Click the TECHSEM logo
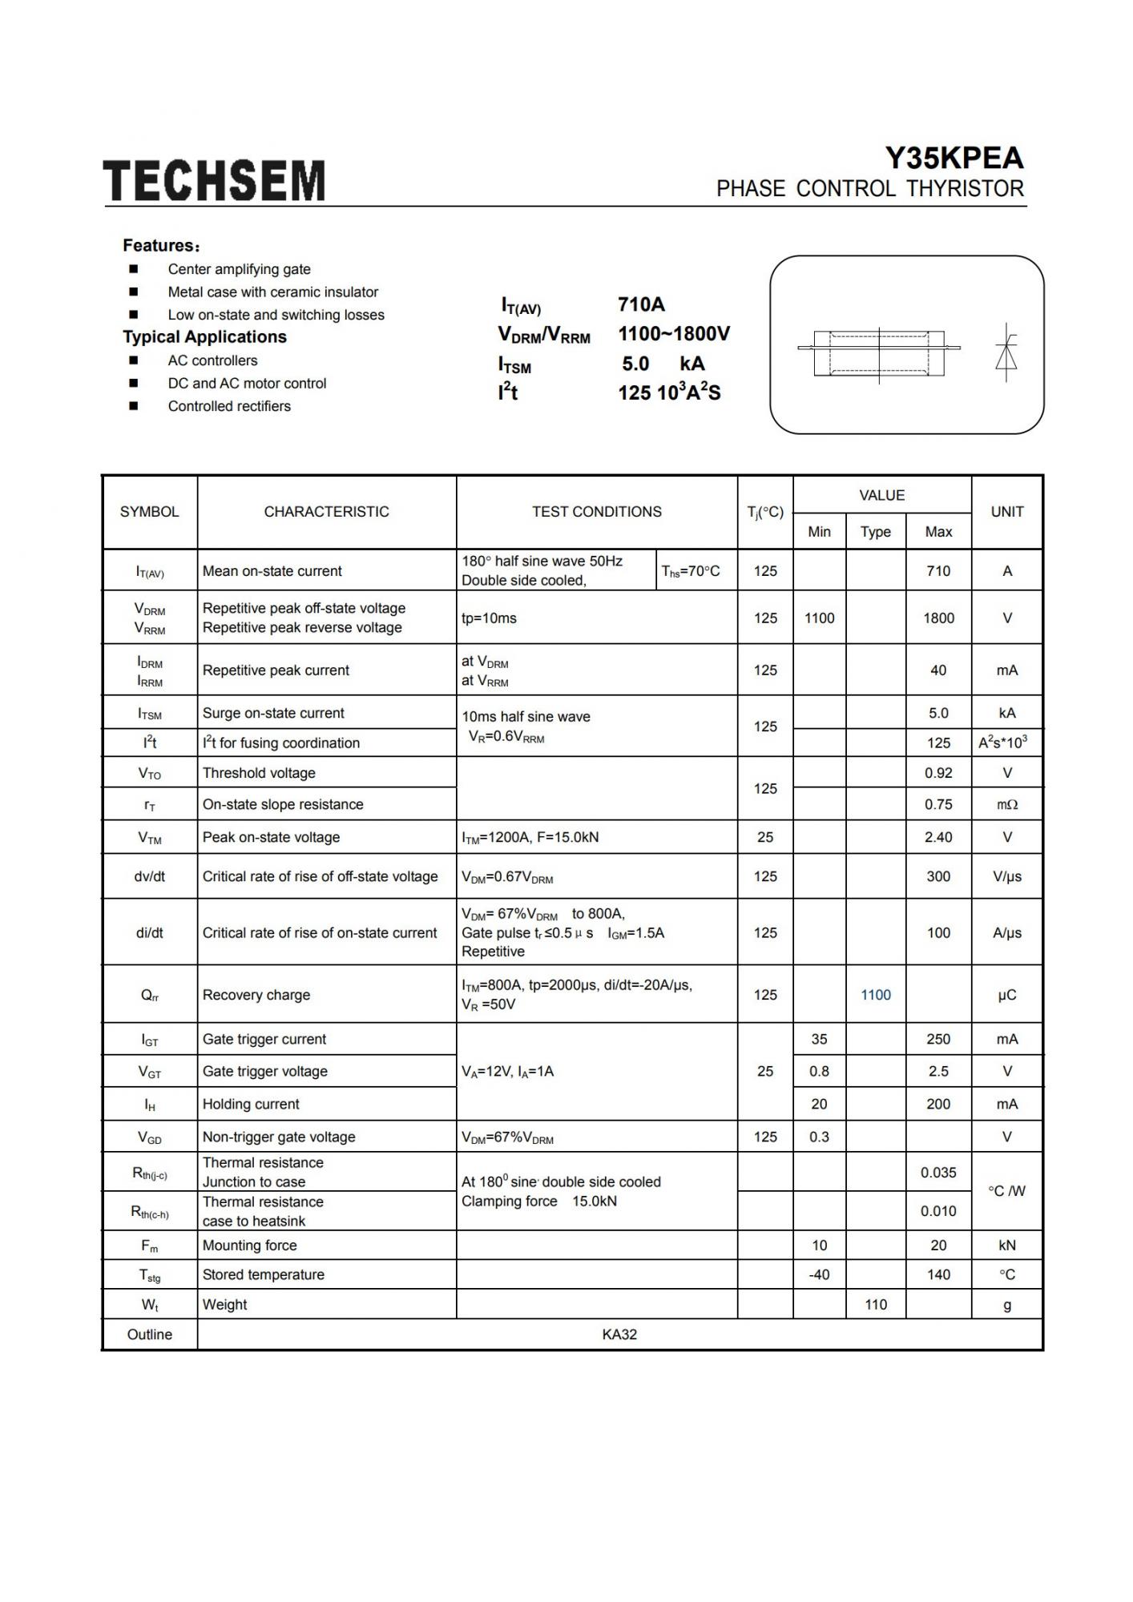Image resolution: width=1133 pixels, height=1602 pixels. (214, 180)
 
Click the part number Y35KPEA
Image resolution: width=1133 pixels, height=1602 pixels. (954, 158)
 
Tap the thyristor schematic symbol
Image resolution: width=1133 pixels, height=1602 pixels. (1006, 352)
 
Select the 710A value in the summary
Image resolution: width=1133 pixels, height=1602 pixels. (641, 304)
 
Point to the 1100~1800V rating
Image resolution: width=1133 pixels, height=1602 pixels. (674, 334)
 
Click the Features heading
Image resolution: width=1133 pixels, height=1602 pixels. (161, 245)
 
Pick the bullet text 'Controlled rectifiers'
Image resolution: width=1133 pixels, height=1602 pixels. (229, 406)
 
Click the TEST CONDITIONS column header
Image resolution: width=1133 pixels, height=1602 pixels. (596, 512)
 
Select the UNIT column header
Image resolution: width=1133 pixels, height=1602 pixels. (1006, 512)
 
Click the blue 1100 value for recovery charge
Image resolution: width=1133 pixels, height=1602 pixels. (875, 995)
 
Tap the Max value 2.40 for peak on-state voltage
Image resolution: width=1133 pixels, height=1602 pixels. (938, 837)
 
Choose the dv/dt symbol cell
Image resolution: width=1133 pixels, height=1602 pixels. (150, 876)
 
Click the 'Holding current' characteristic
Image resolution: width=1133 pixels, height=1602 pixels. (251, 1104)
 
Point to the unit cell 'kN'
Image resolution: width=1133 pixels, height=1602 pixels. (1006, 1246)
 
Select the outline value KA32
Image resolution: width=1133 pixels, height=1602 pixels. (619, 1334)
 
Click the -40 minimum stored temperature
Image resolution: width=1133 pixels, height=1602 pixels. (819, 1274)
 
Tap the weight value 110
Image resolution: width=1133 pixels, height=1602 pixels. (875, 1305)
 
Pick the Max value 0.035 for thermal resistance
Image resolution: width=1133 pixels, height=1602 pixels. (938, 1173)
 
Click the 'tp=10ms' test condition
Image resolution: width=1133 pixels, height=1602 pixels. (489, 618)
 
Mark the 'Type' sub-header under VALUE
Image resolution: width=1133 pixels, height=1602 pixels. (875, 532)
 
